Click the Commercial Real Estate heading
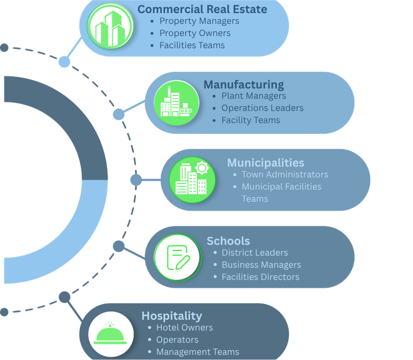202,9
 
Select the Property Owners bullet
195,33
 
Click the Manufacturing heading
244,85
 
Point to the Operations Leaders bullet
262,108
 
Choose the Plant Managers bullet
254,96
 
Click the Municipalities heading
266,162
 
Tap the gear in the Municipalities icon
202,168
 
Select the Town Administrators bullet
285,175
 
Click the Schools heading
228,241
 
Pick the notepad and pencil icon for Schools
178,257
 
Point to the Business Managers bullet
261,265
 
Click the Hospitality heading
172,316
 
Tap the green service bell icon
110,333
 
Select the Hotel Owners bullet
184,328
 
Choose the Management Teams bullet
197,352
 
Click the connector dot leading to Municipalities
136,180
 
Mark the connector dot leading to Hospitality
65,297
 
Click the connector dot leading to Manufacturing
119,114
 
